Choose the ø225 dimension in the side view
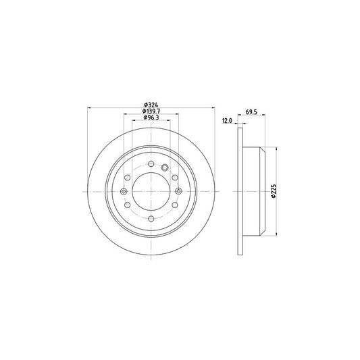[x=274, y=192]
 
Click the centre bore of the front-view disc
[x=150, y=192]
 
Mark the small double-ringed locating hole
[x=164, y=167]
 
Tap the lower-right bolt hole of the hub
[x=174, y=205]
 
